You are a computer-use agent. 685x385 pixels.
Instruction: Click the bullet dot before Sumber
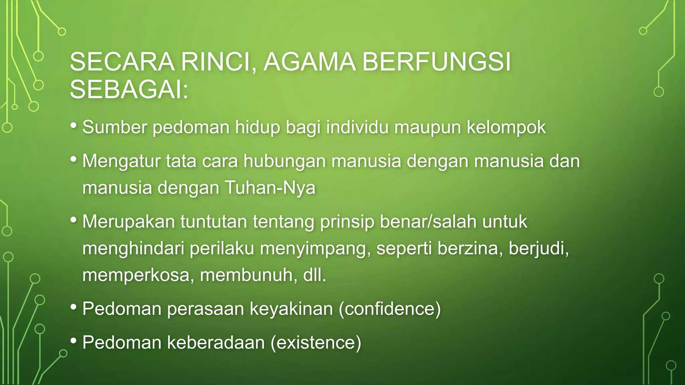pos(74,126)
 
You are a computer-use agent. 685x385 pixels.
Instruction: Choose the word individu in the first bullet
pos(357,127)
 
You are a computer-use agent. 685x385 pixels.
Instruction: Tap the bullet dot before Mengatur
pos(74,159)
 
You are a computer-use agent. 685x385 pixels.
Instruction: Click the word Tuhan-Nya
pos(270,188)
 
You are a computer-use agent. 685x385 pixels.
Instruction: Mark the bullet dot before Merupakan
pos(74,220)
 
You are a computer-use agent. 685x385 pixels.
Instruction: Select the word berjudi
pos(539,249)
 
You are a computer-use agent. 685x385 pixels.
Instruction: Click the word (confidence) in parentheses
pos(390,308)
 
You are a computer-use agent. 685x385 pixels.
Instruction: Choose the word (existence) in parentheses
pos(316,343)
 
